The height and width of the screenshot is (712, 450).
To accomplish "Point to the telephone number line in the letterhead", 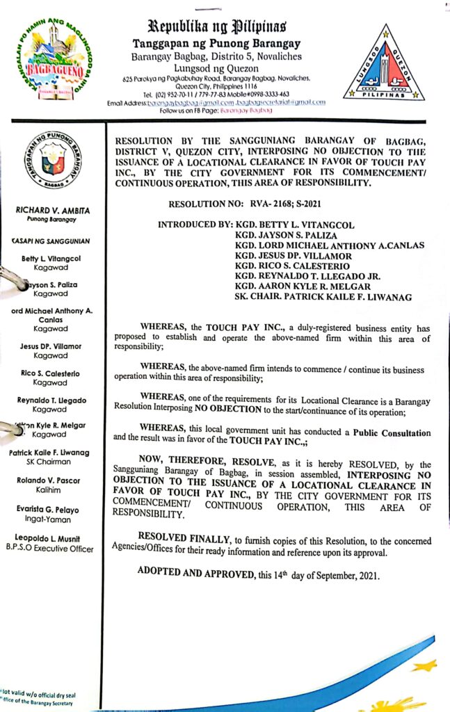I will (216, 94).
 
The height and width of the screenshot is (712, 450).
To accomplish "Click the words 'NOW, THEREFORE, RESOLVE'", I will (200, 465).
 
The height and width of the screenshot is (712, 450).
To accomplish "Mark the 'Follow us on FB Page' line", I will (216, 111).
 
